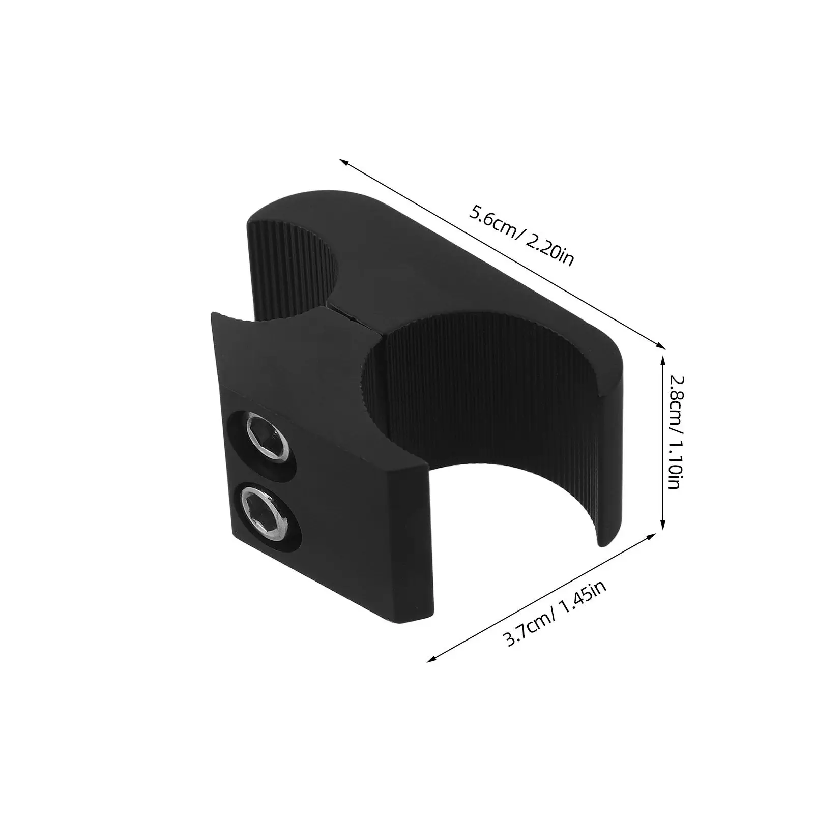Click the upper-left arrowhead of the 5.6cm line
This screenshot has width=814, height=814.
pyautogui.click(x=344, y=163)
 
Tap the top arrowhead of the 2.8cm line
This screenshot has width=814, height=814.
pyautogui.click(x=662, y=360)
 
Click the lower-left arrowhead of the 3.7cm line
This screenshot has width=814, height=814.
pyautogui.click(x=431, y=659)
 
